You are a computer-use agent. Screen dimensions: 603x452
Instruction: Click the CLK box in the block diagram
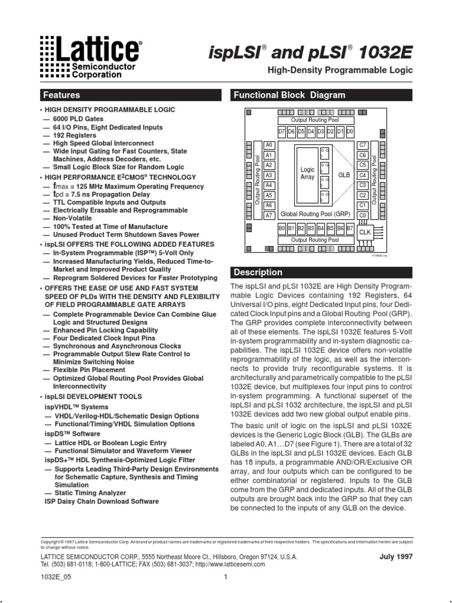click(x=365, y=232)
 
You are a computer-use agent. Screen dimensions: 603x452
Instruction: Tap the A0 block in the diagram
click(x=269, y=145)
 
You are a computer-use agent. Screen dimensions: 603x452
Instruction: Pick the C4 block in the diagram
click(x=363, y=175)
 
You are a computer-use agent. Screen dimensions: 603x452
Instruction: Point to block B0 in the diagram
click(x=282, y=227)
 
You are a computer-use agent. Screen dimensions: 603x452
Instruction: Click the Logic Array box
click(x=307, y=173)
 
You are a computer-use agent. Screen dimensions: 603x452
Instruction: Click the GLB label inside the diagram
click(x=344, y=175)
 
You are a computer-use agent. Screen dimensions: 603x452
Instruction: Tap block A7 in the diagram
click(x=269, y=216)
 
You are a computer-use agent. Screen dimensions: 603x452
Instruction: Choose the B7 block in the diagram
click(x=350, y=227)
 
